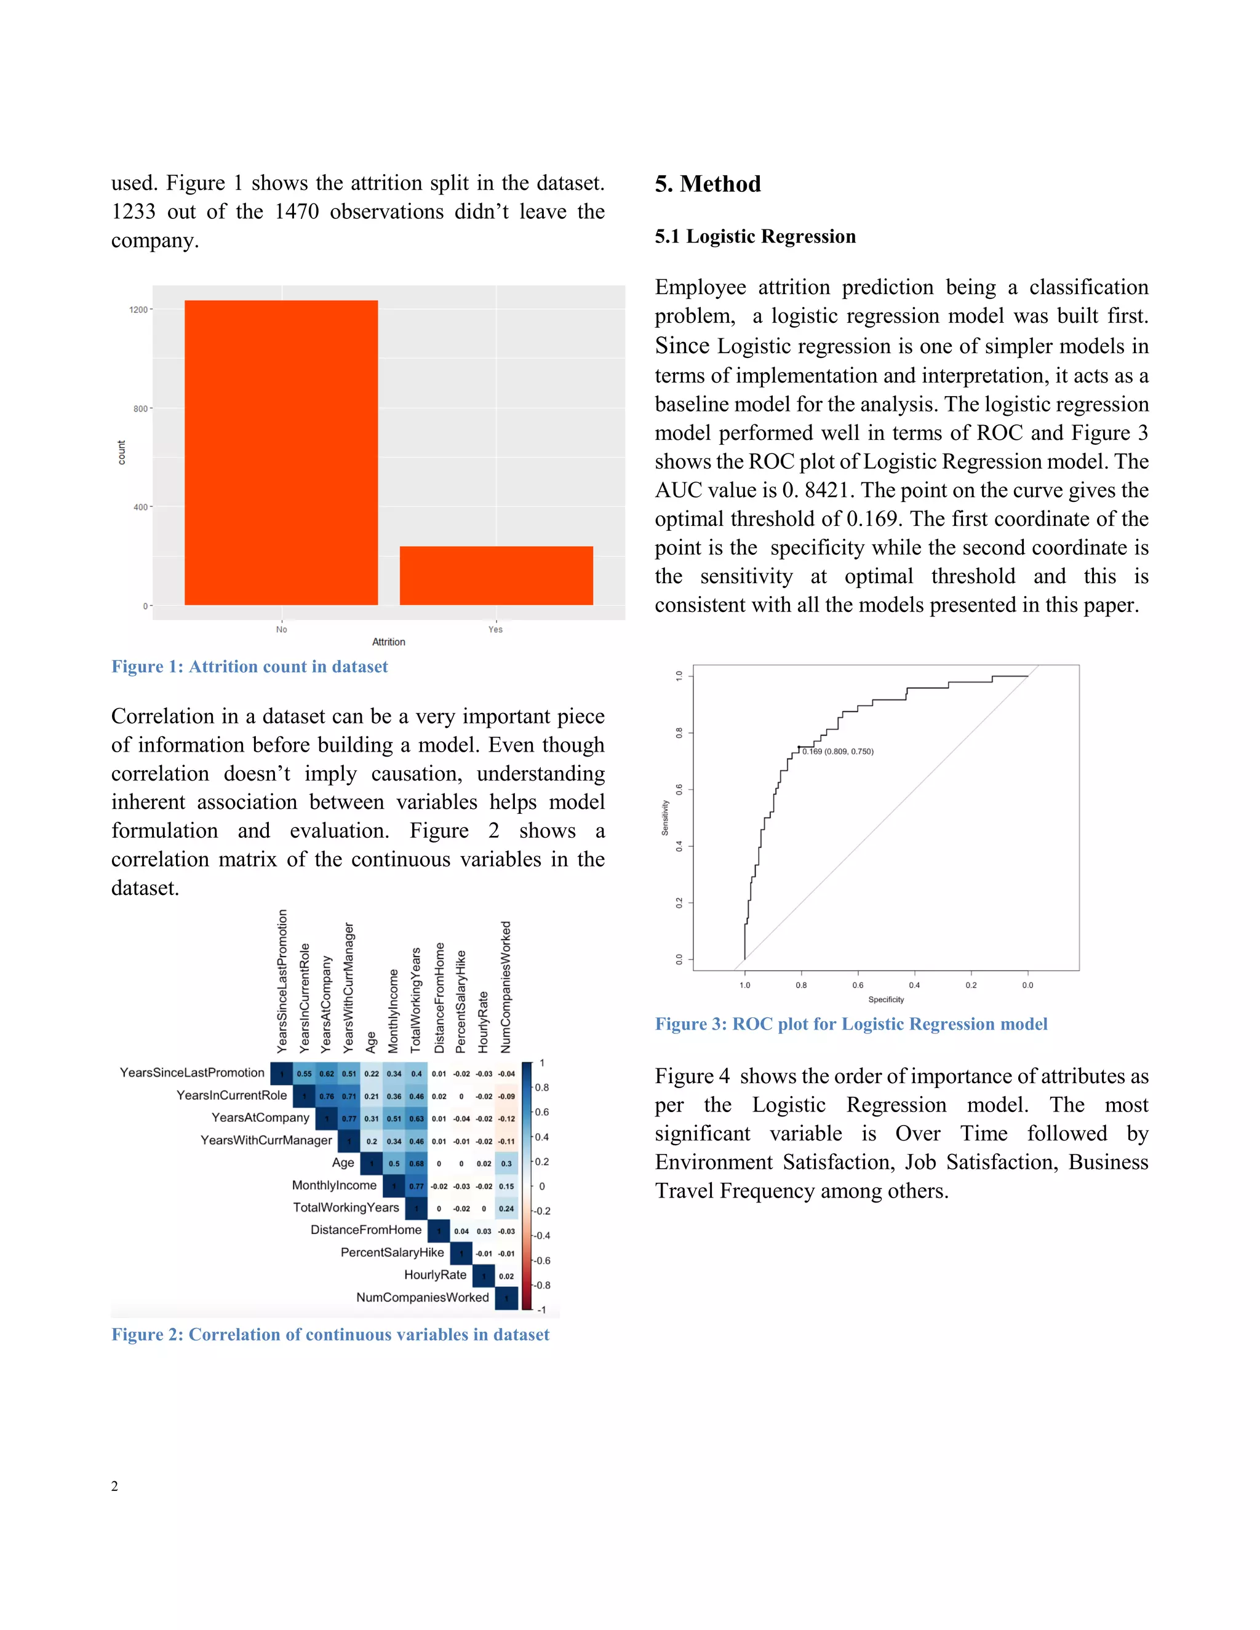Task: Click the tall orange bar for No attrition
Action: tap(281, 452)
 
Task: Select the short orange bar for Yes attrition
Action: tap(496, 576)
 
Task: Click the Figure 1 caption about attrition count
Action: tap(249, 667)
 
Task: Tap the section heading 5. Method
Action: tap(708, 183)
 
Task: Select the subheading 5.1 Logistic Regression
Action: tap(755, 237)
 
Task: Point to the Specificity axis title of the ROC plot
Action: tap(885, 1000)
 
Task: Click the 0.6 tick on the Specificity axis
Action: tap(858, 985)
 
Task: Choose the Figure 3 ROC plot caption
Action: tap(851, 1024)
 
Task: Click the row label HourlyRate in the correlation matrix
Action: tap(435, 1274)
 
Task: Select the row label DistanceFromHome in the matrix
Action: tap(366, 1230)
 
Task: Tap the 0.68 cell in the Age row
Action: tap(417, 1164)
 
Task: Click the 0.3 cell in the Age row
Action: tap(506, 1164)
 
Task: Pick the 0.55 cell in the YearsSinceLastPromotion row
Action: tap(305, 1074)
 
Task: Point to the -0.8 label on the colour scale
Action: tap(542, 1285)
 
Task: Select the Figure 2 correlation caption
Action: tap(330, 1335)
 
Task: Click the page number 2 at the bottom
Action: tap(115, 1486)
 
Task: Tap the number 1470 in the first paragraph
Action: tap(297, 212)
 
